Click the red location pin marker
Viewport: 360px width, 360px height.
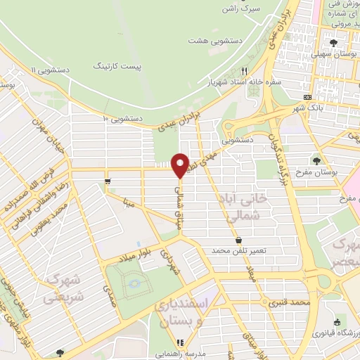180,165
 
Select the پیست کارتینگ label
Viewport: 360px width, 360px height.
117,65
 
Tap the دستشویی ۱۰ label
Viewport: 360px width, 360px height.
123,118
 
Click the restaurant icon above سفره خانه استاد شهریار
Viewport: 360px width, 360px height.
245,70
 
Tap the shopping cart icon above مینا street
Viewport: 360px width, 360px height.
107,181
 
